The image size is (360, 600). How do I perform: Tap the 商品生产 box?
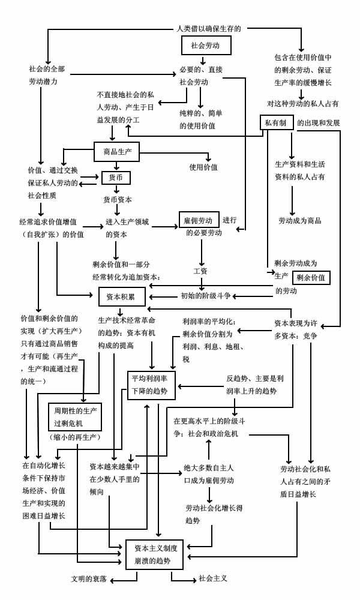coord(116,151)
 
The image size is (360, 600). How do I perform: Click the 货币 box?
coord(115,178)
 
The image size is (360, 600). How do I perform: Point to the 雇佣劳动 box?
coord(198,220)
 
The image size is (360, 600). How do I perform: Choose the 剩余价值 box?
coord(311,277)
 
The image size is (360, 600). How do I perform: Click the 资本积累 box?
coord(121,296)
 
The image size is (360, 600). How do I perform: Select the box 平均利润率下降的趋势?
coord(152,385)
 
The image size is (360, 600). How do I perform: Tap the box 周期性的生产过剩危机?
coord(74,417)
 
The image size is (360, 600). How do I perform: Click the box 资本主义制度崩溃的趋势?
coord(154,554)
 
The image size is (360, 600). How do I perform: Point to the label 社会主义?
coord(213,579)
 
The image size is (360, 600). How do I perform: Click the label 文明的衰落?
coord(89,579)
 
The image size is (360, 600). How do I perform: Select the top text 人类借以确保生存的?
coord(208,28)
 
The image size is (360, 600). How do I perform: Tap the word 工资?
coord(200,271)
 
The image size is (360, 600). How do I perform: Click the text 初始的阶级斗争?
coord(205,296)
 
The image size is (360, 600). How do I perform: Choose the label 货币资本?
coord(118,199)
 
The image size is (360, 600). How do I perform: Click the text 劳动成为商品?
coord(299,220)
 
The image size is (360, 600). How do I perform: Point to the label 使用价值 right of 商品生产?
coord(203,167)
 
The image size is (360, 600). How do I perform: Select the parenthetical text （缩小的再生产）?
coord(74,437)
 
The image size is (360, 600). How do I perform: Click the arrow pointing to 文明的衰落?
coord(119,579)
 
